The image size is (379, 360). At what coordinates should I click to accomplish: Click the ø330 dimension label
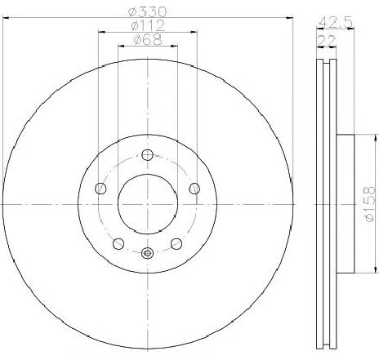(x=147, y=11)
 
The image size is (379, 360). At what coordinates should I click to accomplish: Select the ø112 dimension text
(x=148, y=25)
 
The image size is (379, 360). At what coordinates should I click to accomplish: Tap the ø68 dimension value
(x=148, y=40)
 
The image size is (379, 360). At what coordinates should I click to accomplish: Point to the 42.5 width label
(x=336, y=22)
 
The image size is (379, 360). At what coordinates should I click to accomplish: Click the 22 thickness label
(x=326, y=41)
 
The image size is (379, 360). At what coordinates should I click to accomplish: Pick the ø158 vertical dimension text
(x=370, y=204)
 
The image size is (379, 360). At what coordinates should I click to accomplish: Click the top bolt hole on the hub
(x=148, y=155)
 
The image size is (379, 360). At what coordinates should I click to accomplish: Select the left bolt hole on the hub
(x=100, y=189)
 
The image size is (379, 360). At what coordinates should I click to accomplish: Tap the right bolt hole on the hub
(x=194, y=189)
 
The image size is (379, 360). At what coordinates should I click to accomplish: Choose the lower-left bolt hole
(x=118, y=243)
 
